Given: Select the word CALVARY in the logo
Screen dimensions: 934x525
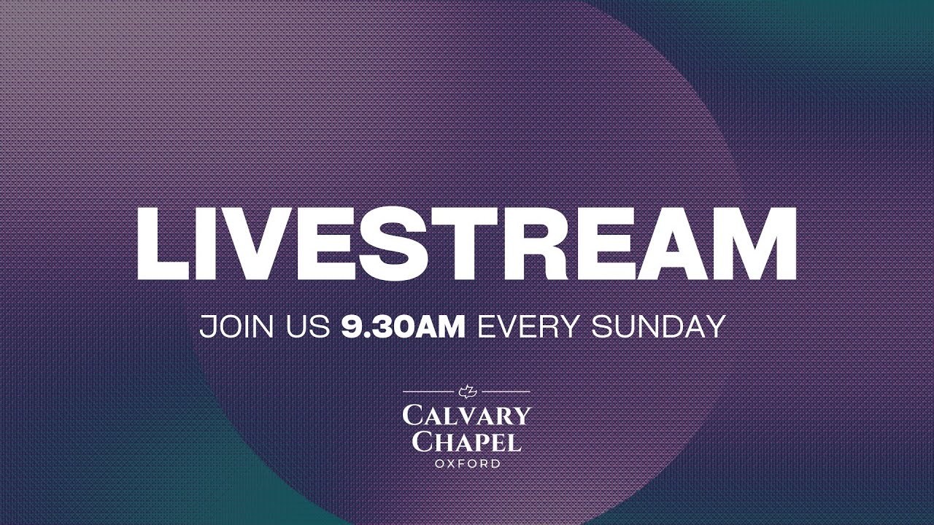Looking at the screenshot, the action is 466,416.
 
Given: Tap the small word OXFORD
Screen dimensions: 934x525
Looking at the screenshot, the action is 468,464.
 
